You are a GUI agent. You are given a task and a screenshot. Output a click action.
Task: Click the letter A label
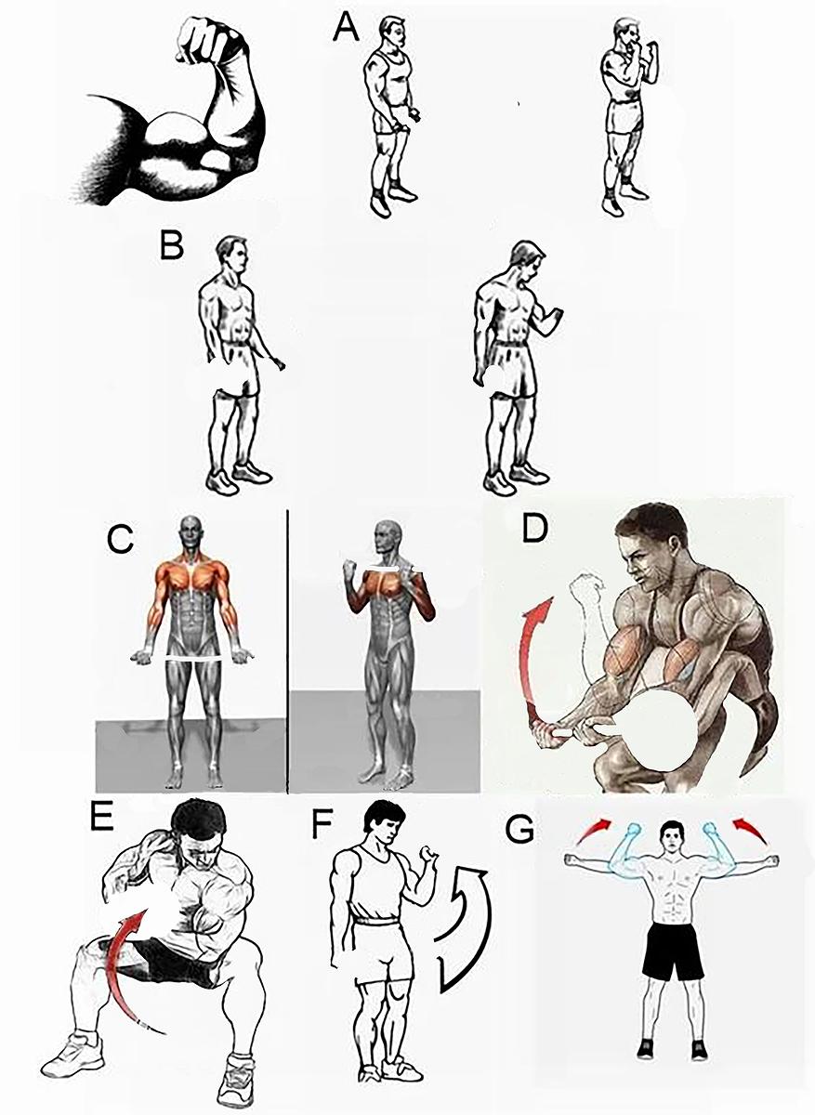coord(346,28)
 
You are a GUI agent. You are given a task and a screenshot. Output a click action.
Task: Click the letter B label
coord(171,244)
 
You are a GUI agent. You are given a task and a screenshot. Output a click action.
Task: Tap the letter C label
coord(121,539)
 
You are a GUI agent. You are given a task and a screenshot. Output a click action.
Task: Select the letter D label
coord(534,528)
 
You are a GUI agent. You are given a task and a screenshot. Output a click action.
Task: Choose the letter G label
coord(519,829)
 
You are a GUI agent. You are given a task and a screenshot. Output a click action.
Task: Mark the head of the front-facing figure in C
coord(190,531)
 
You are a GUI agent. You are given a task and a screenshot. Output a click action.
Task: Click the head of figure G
coord(672,837)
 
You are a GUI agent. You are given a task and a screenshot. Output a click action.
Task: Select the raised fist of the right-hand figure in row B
coord(554,315)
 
